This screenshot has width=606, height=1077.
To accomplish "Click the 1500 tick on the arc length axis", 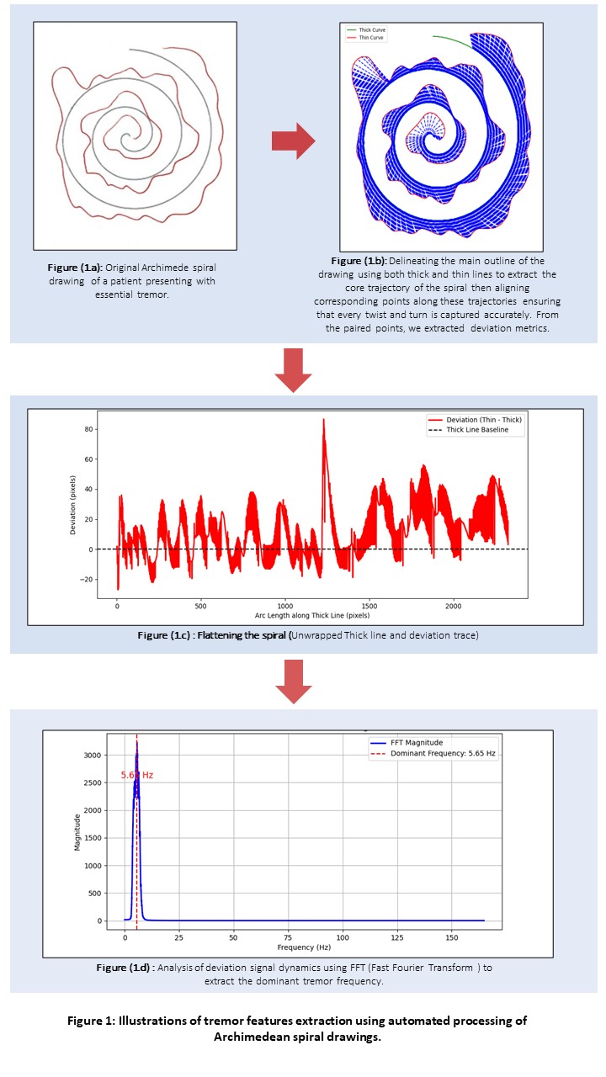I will (369, 606).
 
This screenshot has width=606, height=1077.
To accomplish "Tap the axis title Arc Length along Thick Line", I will (313, 616).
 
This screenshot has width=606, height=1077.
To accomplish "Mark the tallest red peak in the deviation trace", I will (323, 420).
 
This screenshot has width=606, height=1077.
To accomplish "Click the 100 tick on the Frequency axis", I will (343, 936).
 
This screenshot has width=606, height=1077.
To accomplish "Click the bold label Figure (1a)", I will (76, 268).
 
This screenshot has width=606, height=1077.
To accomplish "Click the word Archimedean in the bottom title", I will (254, 1036).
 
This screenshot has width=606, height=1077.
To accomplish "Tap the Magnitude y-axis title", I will (77, 832).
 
